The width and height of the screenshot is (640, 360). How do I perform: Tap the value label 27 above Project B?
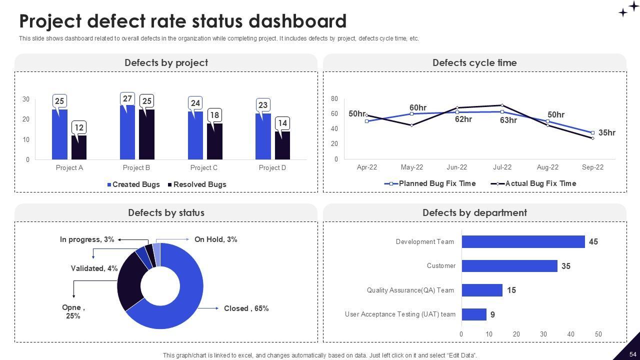(x=127, y=98)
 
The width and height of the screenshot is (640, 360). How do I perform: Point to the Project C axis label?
(x=204, y=167)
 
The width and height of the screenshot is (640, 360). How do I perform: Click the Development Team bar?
(x=523, y=241)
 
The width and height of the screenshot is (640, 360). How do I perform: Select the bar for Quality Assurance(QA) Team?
(x=482, y=290)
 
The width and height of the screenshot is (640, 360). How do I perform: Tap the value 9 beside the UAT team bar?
(x=492, y=314)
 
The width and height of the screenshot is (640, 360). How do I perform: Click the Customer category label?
(x=441, y=266)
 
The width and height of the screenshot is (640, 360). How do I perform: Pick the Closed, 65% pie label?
(x=246, y=308)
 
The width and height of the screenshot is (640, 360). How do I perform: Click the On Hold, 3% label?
(x=215, y=239)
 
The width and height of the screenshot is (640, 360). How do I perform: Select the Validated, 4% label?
(x=94, y=268)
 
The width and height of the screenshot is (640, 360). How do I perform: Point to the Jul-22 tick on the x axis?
(x=502, y=167)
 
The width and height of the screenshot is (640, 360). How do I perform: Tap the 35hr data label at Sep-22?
(x=606, y=133)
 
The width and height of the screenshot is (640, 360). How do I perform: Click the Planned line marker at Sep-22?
(x=592, y=133)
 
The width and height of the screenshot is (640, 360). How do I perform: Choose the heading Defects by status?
(x=166, y=212)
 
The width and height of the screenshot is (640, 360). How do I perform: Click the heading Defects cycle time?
(x=474, y=62)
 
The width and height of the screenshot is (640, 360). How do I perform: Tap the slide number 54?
(x=632, y=354)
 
